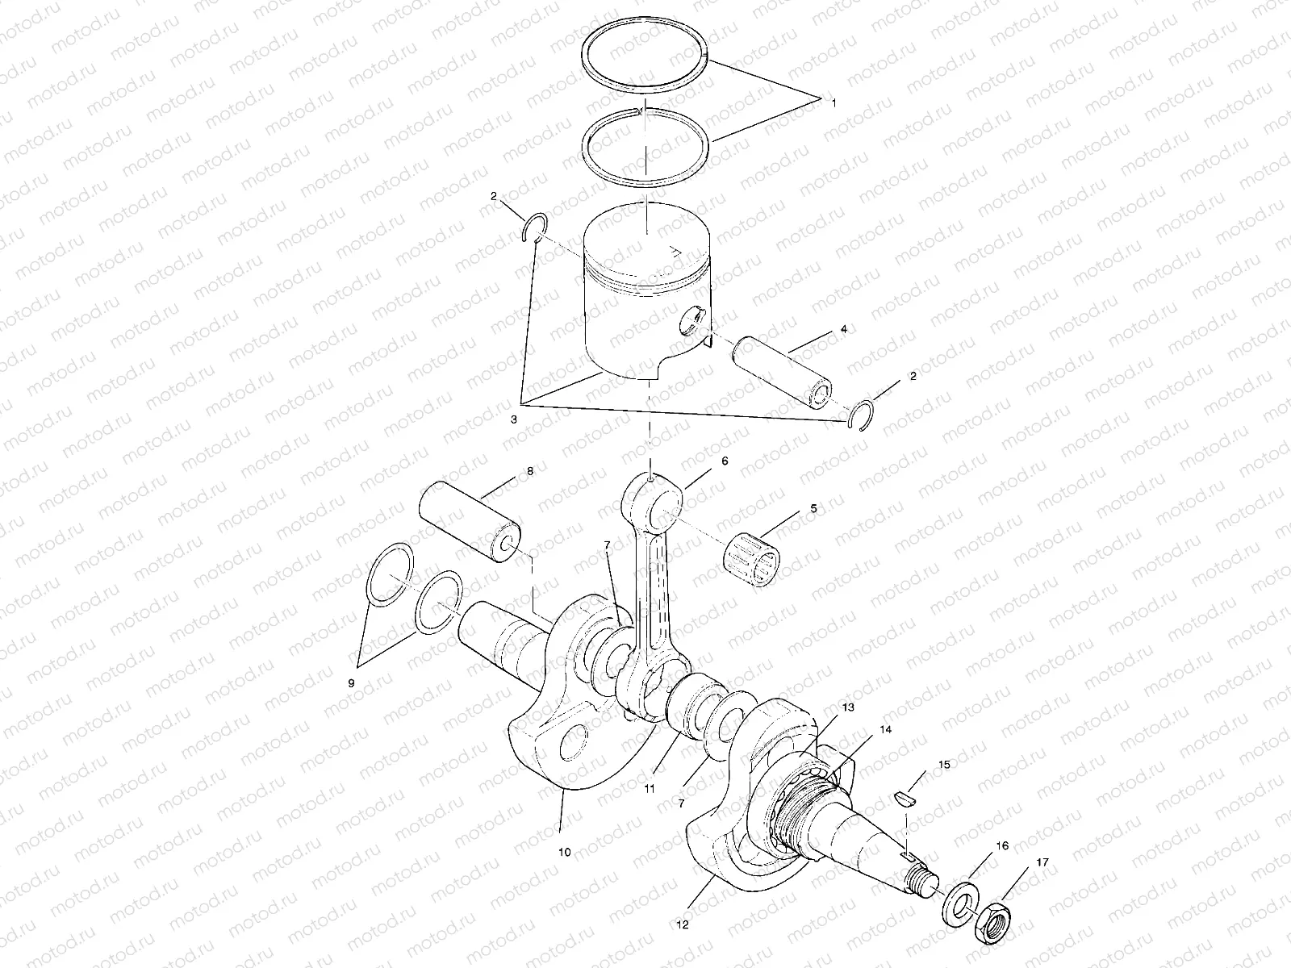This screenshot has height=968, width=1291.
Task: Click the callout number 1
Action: point(834,102)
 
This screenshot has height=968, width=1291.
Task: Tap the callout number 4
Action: point(821,329)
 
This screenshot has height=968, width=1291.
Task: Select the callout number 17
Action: point(1042,862)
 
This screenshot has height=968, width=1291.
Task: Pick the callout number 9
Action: point(351,683)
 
